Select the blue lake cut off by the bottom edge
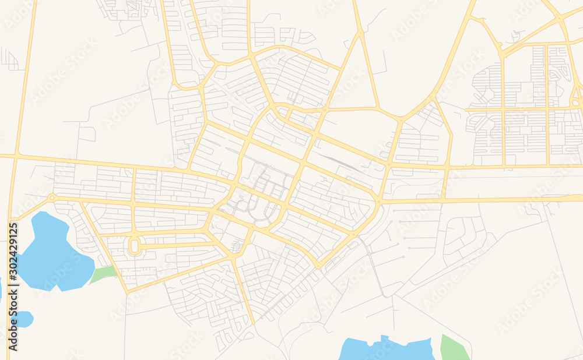coord(385,350)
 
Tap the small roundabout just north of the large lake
coord(52,197)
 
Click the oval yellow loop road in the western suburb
coord(135,245)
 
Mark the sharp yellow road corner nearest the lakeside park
coord(127,291)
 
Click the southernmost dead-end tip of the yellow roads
coord(254,323)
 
